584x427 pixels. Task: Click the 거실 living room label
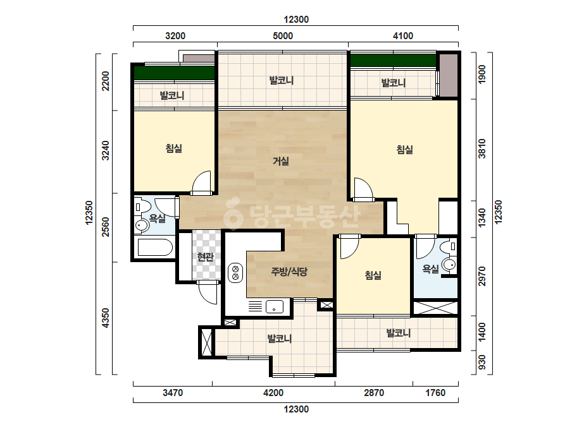pos(281,161)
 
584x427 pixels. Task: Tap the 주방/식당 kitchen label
pos(289,272)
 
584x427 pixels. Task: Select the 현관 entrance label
pos(205,256)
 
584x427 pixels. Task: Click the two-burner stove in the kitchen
pos(235,273)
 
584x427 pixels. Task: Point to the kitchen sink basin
pos(274,307)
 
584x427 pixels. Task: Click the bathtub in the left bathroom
pos(155,248)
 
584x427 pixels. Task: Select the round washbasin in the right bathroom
pos(449,265)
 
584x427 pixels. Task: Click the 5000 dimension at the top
pos(283,36)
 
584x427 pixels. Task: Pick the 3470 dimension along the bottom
pos(173,393)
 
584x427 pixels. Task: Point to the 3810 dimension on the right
pos(482,148)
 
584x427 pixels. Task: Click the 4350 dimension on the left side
pos(106,318)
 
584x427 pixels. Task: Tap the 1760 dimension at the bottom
pos(435,393)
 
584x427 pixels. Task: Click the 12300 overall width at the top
pos(296,20)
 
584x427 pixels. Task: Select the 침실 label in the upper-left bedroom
pos(174,148)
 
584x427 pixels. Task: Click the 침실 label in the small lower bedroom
pos(373,275)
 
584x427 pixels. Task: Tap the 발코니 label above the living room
pos(282,80)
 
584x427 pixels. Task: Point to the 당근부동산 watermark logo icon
pos(233,214)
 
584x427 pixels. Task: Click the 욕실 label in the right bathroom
pos(430,268)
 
